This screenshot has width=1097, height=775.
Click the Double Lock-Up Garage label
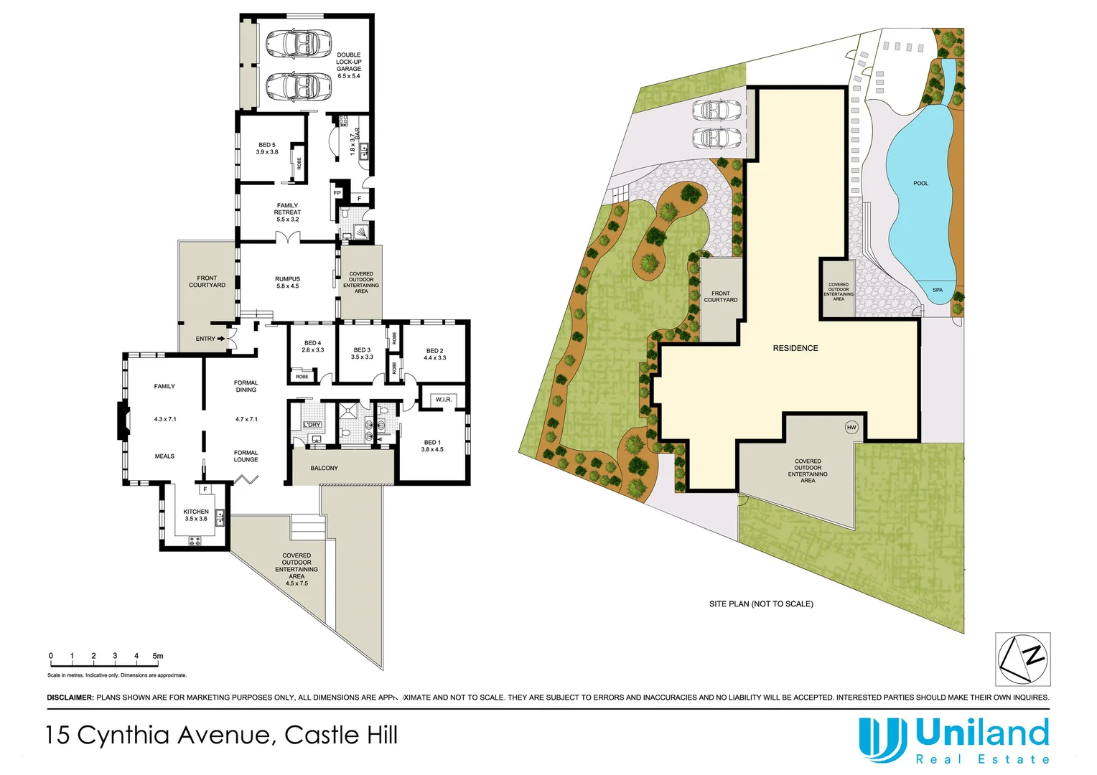[x=349, y=65]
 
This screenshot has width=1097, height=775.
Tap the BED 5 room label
[x=267, y=149]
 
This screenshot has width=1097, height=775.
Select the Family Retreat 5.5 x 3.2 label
[x=287, y=212]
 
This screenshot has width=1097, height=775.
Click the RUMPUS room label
[x=287, y=283]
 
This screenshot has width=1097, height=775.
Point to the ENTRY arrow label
[x=210, y=339]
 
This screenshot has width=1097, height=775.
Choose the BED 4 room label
[x=312, y=347]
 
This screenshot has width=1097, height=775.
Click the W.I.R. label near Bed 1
[x=443, y=400]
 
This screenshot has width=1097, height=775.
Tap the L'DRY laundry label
[x=312, y=425]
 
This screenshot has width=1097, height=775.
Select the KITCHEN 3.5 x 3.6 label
[x=196, y=515]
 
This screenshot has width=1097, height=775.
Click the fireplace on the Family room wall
[x=123, y=421]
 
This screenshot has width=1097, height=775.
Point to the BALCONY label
[x=325, y=468]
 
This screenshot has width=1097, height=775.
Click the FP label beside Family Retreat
[x=337, y=193]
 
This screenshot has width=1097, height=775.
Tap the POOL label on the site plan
[x=920, y=184]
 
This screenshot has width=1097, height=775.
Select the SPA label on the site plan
[x=938, y=290]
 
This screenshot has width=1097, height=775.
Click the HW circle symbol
[x=851, y=428]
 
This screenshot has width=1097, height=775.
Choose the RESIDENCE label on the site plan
[x=795, y=348]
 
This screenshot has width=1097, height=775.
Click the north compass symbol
[x=1023, y=659]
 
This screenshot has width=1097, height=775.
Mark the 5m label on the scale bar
[x=158, y=656]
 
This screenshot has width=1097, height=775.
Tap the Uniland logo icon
[x=882, y=739]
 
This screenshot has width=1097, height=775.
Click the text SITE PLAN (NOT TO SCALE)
[x=761, y=604]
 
